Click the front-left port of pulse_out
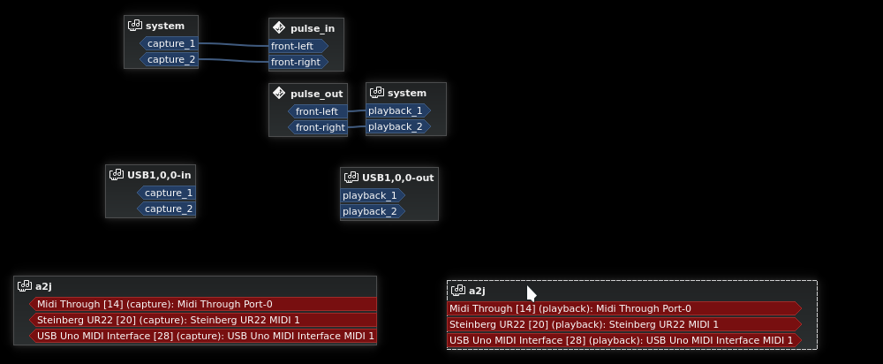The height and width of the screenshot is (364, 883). coord(317,111)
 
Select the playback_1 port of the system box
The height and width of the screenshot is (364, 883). coord(396,110)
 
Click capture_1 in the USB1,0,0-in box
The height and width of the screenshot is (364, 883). coord(167,193)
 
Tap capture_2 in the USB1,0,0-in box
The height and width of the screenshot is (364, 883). coord(167,209)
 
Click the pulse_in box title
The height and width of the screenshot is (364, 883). coord(312,28)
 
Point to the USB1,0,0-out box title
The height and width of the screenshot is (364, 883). coord(397,178)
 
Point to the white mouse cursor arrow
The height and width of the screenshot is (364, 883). coord(531,293)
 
